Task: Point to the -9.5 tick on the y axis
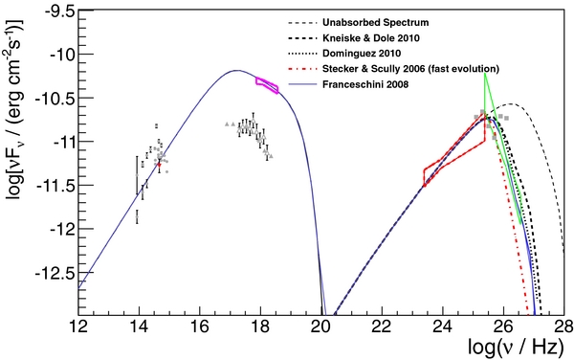point(62,11)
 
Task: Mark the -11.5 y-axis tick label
point(60,186)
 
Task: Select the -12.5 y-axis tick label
point(60,274)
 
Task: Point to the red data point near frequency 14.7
point(160,164)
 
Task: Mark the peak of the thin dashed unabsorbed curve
point(508,104)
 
